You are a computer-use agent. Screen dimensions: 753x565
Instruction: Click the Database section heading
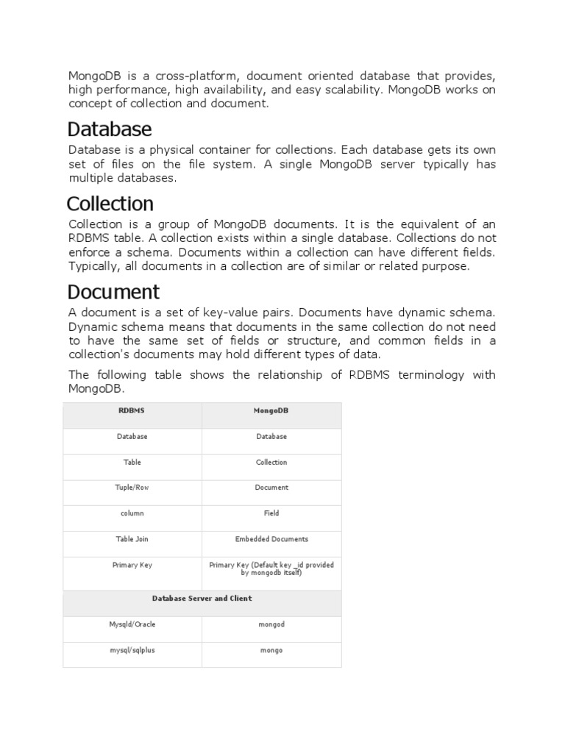110,129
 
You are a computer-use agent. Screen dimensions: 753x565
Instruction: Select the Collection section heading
110,203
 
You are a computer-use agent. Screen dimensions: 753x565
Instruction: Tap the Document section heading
113,291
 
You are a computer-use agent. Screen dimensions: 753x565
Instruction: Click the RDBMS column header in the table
132,410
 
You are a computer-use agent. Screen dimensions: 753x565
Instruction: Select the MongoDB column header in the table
271,410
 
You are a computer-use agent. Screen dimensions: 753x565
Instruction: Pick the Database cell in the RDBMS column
132,436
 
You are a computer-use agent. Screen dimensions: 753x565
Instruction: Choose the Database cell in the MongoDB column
271,436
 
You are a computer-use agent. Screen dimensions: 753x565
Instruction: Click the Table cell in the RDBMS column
132,462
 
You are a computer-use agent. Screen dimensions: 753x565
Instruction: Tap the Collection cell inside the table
271,462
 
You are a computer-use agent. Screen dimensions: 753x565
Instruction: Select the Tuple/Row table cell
132,487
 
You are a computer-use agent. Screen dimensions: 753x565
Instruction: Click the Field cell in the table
271,513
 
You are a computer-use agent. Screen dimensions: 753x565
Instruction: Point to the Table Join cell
132,538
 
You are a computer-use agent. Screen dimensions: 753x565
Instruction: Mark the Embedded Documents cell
271,538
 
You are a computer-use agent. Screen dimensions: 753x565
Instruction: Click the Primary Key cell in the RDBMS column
132,565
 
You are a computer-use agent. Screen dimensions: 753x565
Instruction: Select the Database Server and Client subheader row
202,599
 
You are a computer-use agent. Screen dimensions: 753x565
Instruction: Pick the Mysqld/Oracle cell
132,624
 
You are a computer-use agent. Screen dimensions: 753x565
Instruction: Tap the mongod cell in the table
271,624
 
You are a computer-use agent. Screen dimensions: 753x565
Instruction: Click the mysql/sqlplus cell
132,650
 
